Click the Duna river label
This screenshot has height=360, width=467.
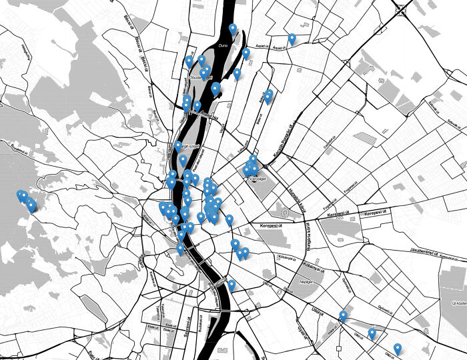click(x=223, y=45)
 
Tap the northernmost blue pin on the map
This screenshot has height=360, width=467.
click(x=233, y=29)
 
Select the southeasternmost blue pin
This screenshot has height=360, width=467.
click(x=398, y=349)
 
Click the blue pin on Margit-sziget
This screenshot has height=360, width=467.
click(x=183, y=160)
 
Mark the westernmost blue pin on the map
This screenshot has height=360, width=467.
click(x=21, y=195)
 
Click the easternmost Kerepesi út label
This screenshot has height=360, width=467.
click(x=377, y=213)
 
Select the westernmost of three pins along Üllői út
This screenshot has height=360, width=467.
click(x=343, y=315)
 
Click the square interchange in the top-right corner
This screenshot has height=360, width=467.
click(x=402, y=9)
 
